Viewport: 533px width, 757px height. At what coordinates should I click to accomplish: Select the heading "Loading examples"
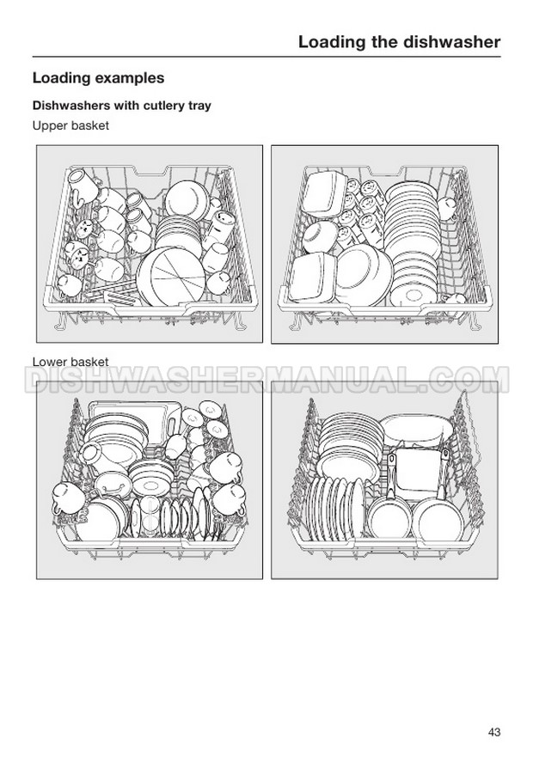tap(98, 78)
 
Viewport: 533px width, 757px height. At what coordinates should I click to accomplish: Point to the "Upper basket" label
tap(70, 125)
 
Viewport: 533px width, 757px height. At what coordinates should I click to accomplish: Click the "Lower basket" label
tap(70, 362)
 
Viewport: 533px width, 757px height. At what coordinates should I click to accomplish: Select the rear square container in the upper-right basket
tap(326, 192)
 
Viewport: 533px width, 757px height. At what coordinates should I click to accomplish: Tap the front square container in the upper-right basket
tap(313, 277)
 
